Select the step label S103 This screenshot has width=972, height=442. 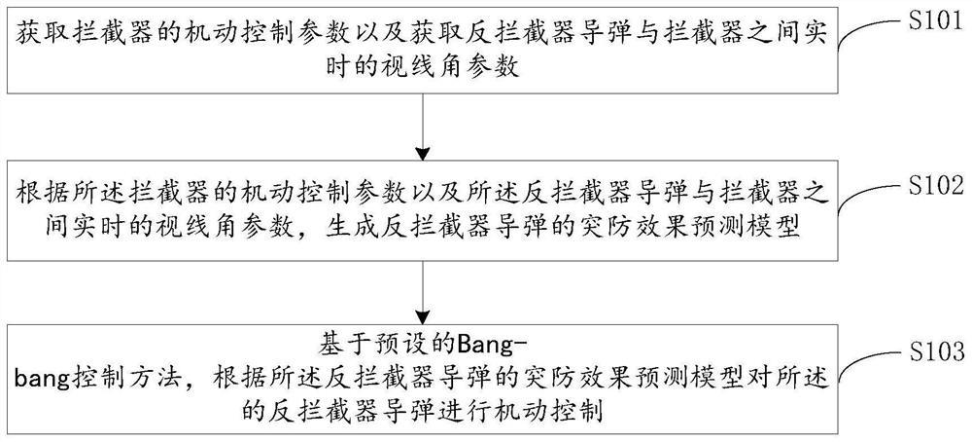pos(928,350)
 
